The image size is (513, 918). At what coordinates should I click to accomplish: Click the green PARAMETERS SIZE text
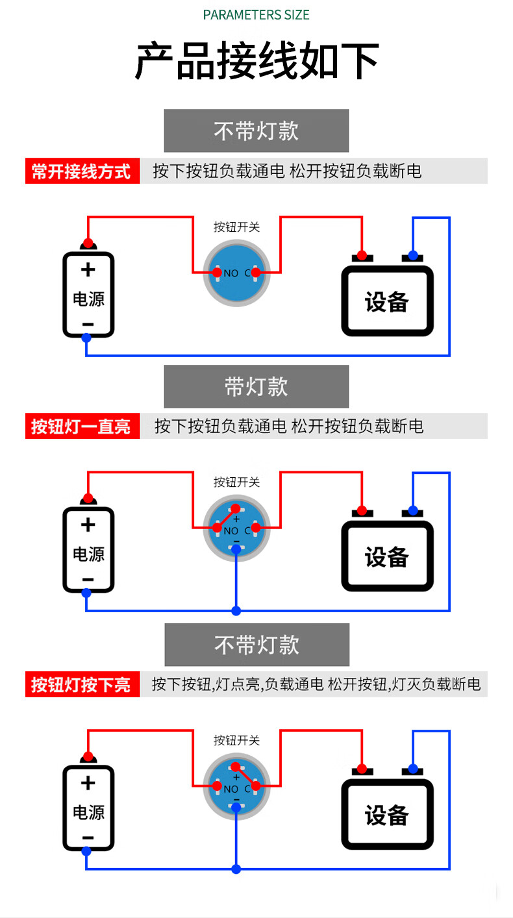[256, 15]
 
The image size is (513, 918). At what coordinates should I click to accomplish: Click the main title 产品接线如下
[256, 60]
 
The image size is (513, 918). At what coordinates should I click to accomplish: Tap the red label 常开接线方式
[82, 171]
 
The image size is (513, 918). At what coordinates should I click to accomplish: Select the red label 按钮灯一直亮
[82, 426]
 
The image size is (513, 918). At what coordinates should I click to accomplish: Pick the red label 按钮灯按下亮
[82, 684]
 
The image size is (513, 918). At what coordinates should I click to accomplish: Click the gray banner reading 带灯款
[256, 386]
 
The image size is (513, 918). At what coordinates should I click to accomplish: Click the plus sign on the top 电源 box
[88, 269]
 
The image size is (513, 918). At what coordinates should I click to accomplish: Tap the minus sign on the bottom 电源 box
[88, 837]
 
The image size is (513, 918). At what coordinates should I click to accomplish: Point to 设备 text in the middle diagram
[386, 557]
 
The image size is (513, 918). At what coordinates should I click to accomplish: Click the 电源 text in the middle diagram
[88, 554]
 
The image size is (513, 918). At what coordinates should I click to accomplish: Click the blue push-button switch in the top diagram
[236, 273]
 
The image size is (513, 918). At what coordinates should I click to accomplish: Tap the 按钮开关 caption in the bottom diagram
[236, 740]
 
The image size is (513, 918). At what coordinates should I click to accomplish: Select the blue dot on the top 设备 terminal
[413, 255]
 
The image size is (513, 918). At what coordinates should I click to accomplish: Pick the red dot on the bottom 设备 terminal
[362, 769]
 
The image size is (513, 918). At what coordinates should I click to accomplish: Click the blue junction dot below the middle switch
[236, 611]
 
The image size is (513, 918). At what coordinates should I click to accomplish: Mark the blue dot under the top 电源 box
[86, 338]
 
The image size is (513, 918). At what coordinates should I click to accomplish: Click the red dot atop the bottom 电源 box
[88, 756]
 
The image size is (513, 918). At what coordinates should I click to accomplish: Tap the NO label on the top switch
[231, 273]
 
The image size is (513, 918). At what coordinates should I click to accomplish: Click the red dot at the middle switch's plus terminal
[235, 508]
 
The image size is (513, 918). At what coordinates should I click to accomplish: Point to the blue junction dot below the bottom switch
[236, 869]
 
